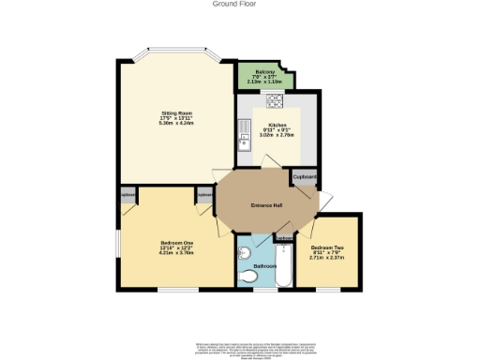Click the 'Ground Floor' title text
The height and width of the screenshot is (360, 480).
[240, 4]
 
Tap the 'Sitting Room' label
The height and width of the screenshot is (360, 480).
[176, 114]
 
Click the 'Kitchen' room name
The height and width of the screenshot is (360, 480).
[277, 125]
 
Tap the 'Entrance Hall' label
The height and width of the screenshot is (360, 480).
[268, 205]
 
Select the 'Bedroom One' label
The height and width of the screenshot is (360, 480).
[175, 243]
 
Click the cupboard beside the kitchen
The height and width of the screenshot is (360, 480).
[305, 176]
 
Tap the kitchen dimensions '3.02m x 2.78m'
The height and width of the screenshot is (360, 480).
[277, 135]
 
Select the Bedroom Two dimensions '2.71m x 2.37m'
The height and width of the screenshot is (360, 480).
[333, 257]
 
